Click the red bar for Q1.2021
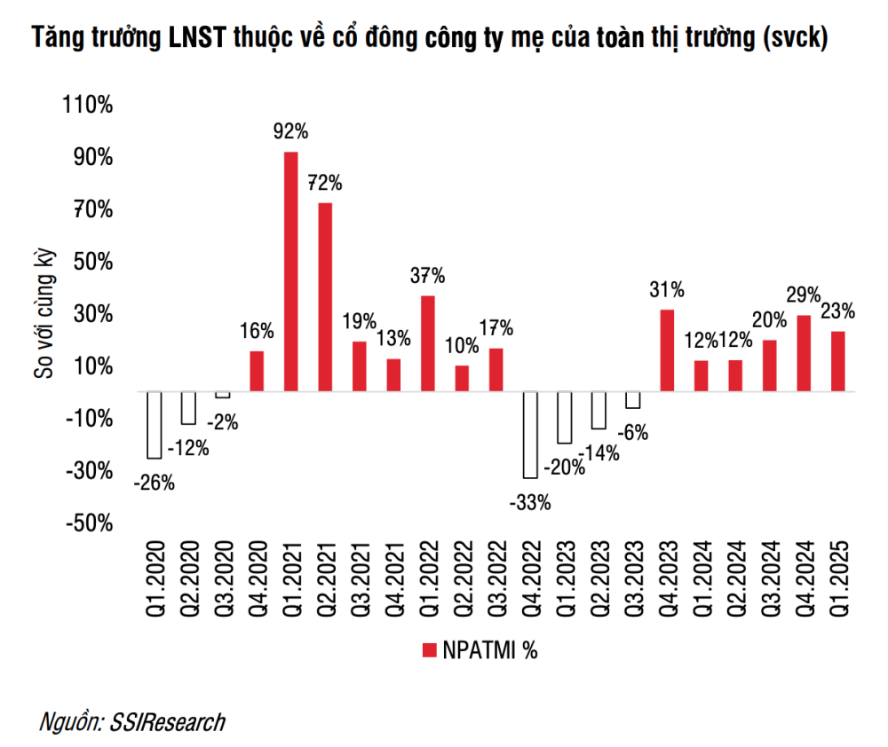[290, 271]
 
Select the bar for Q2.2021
[325, 297]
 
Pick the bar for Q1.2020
[154, 425]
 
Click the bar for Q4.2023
[666, 350]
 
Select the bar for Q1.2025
[837, 361]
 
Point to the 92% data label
[290, 132]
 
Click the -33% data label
[530, 503]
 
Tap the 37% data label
[427, 276]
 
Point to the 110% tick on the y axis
[88, 106]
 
